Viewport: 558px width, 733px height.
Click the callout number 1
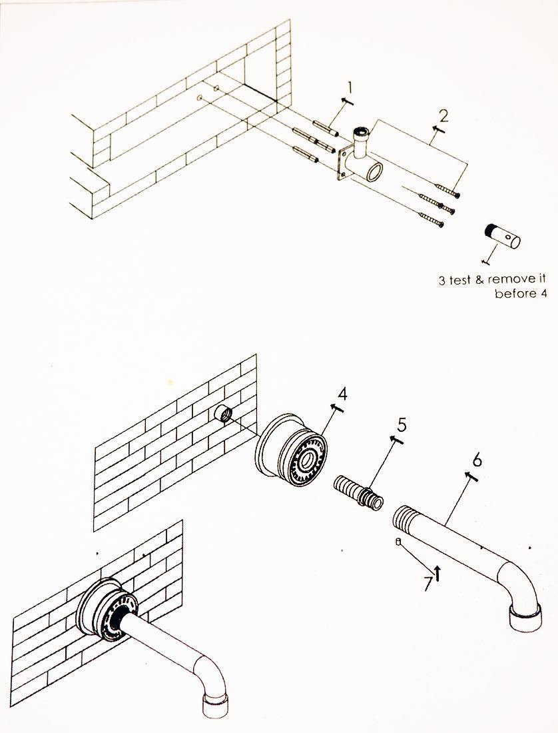(x=352, y=87)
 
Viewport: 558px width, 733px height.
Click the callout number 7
(x=427, y=584)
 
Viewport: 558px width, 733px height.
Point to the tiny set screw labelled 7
(x=398, y=542)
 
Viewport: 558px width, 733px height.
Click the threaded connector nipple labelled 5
(x=358, y=492)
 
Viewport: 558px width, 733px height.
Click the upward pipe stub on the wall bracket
(x=361, y=136)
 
